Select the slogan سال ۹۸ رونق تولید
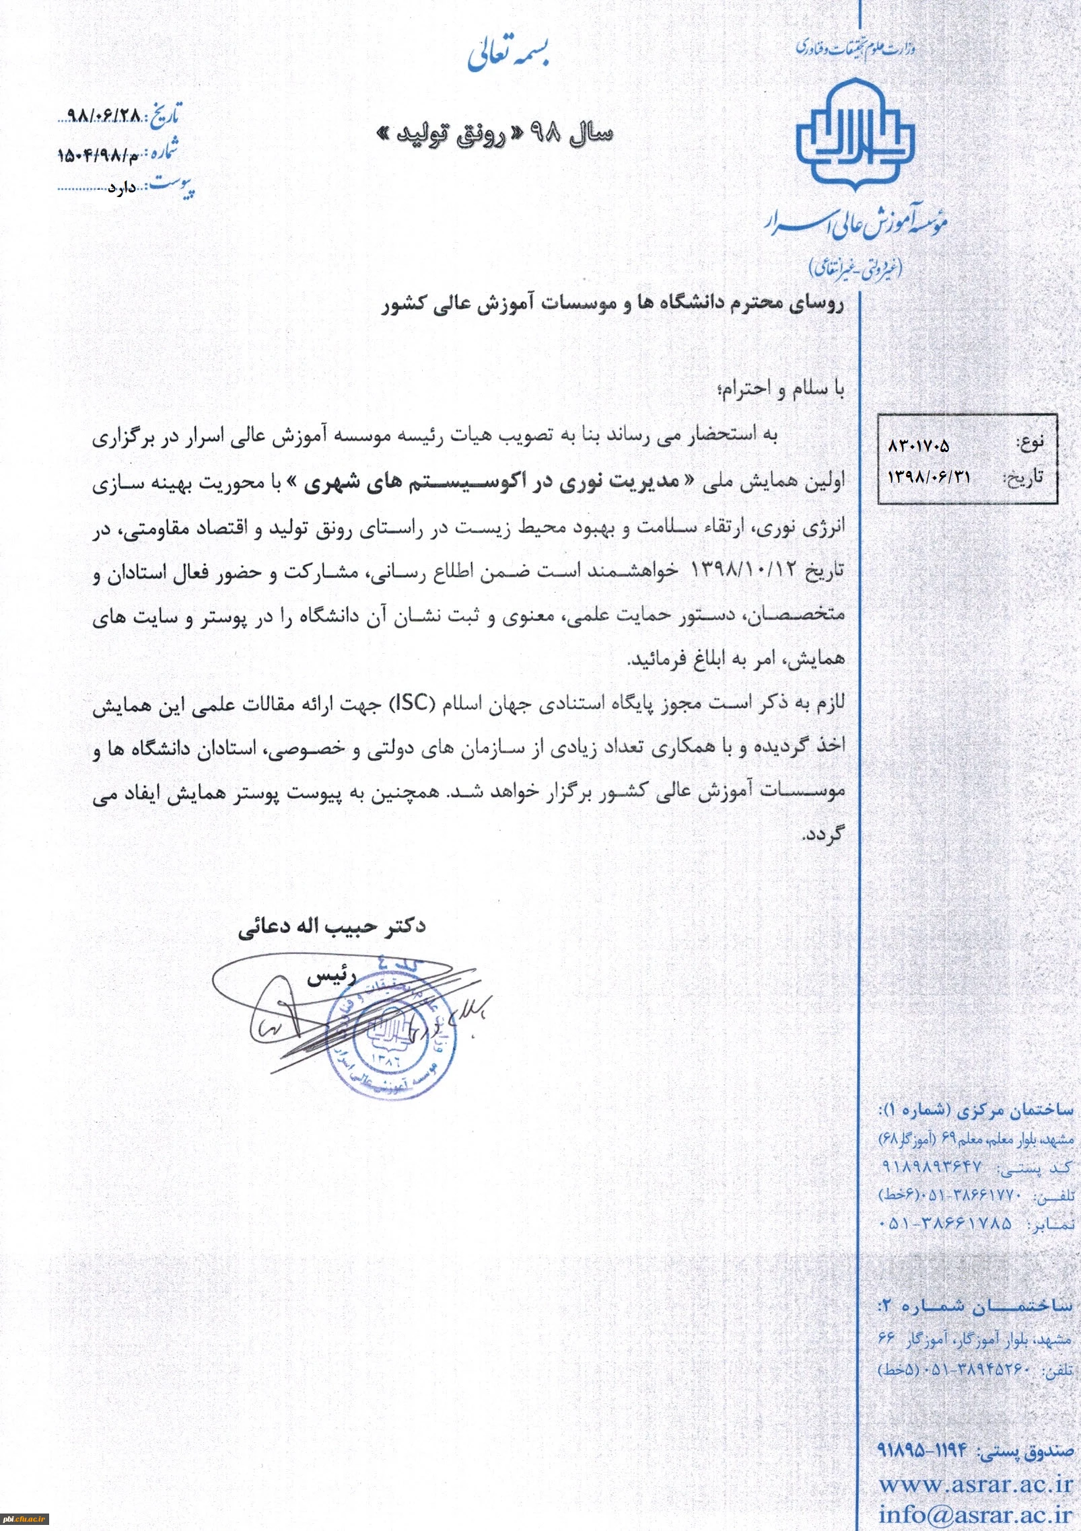(495, 134)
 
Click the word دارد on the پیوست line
(122, 188)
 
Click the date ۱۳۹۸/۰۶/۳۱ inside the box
(930, 476)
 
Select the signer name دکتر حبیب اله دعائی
(332, 926)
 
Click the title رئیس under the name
(331, 977)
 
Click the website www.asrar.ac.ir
(976, 1483)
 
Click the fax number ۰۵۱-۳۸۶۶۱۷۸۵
(945, 1224)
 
